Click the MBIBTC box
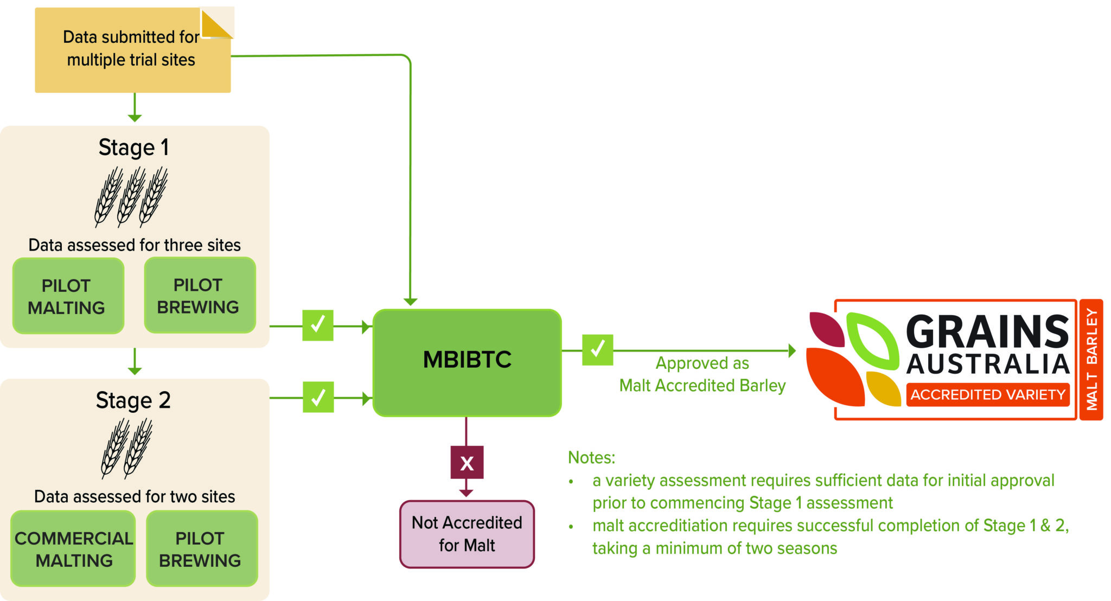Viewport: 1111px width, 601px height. pyautogui.click(x=467, y=362)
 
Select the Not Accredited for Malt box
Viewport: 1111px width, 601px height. pyautogui.click(x=467, y=534)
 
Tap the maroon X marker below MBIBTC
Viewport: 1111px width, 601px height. pyautogui.click(x=467, y=463)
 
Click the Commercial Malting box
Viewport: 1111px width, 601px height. pyautogui.click(x=74, y=548)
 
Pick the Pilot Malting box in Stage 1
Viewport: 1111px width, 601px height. pyautogui.click(x=68, y=296)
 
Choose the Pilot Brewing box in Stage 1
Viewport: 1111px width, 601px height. pyautogui.click(x=199, y=296)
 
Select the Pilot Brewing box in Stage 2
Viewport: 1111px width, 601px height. pyautogui.click(x=201, y=548)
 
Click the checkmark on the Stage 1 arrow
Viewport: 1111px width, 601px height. pyautogui.click(x=317, y=325)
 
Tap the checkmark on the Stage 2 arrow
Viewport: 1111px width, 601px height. pyautogui.click(x=318, y=397)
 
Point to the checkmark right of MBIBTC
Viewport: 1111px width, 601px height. pyautogui.click(x=597, y=350)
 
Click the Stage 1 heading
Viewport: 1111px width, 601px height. pyautogui.click(x=133, y=148)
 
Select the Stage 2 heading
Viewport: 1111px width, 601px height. pyautogui.click(x=133, y=400)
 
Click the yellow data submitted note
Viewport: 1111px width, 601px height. pyautogui.click(x=130, y=52)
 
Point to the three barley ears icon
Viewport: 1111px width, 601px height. pyautogui.click(x=131, y=196)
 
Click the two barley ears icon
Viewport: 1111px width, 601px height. pyautogui.click(x=127, y=449)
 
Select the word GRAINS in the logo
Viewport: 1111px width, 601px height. pyautogui.click(x=987, y=331)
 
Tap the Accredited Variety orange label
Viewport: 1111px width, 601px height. pyautogui.click(x=987, y=394)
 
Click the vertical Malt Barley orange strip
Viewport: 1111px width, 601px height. pyautogui.click(x=1091, y=359)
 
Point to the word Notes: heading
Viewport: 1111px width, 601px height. pyautogui.click(x=591, y=457)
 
